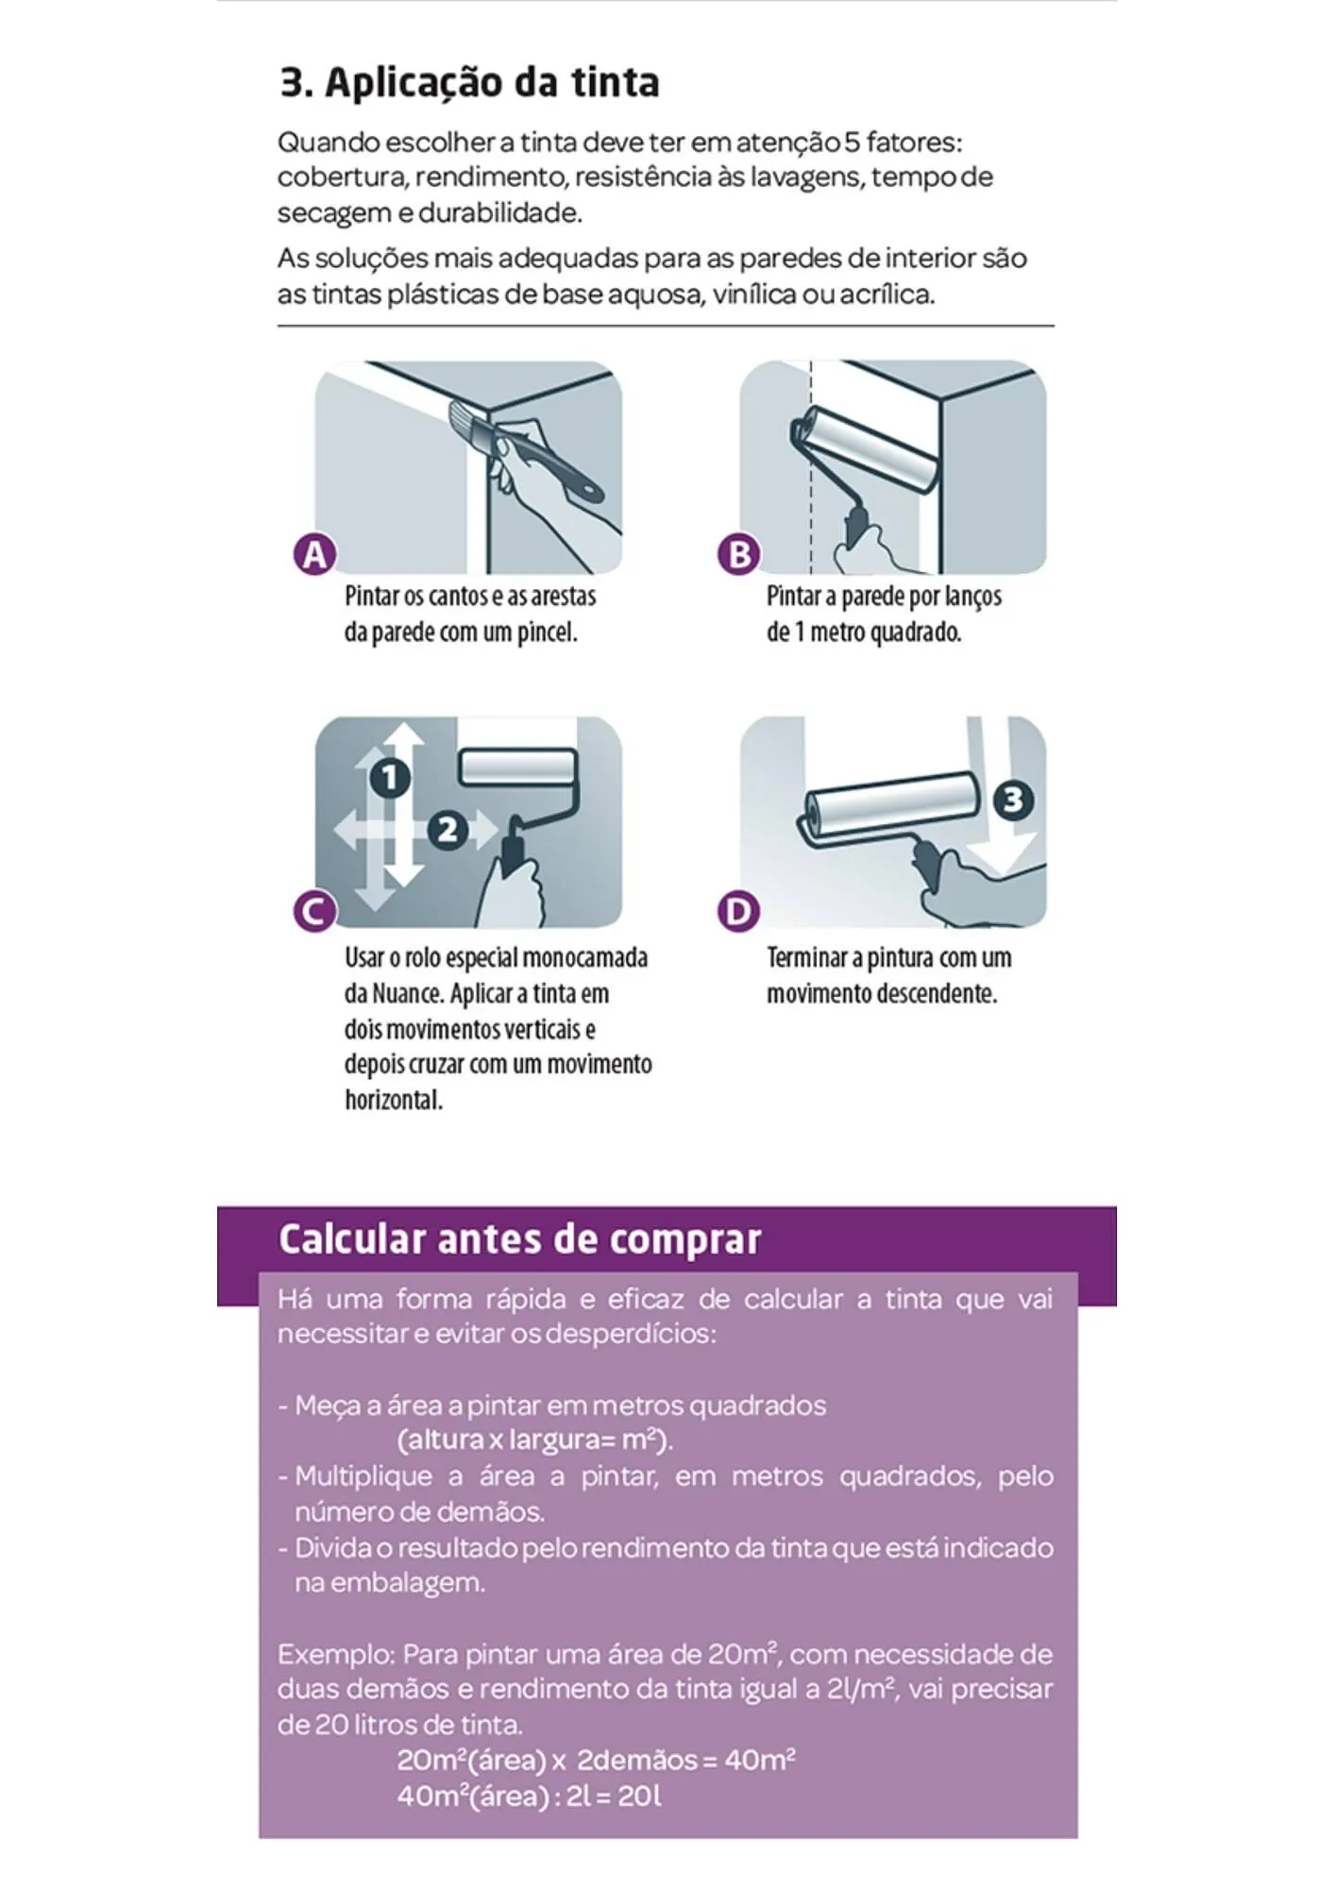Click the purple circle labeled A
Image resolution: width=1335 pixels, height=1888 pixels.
[314, 555]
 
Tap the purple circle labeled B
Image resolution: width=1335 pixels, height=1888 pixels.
[739, 555]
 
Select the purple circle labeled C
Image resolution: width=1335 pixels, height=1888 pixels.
[314, 912]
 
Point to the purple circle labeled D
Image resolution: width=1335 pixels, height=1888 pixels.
[739, 912]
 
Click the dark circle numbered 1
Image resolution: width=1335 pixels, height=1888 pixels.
[389, 778]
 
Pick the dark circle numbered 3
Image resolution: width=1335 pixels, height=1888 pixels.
[1013, 801]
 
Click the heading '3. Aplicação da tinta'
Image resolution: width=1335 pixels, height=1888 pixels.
[469, 82]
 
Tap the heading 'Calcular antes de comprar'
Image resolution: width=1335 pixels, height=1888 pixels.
[519, 1239]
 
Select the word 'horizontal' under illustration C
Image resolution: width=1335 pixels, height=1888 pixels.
[393, 1101]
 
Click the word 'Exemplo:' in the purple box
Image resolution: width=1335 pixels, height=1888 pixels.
[335, 1655]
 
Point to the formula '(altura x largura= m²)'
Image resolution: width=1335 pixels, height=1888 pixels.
[534, 1441]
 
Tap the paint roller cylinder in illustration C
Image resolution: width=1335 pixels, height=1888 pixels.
[518, 767]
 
